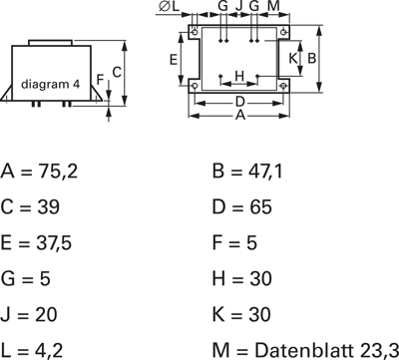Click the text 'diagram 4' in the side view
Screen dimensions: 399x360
tap(51, 85)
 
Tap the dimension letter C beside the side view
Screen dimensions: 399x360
tap(117, 72)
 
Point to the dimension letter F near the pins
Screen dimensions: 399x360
tap(100, 80)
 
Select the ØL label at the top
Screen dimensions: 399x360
tap(169, 6)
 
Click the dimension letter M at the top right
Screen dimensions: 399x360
tap(273, 6)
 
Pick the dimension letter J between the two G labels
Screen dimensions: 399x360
tap(239, 6)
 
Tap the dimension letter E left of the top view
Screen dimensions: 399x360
tap(174, 60)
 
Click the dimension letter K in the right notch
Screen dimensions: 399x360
tap(292, 58)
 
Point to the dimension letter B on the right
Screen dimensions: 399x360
tap(311, 58)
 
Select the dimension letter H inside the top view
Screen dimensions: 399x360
tap(239, 76)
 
